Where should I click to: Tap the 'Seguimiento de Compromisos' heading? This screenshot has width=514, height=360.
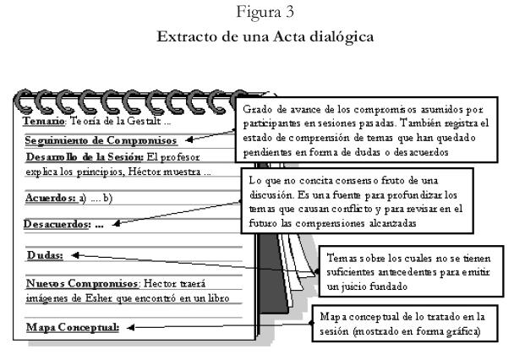tap(101, 139)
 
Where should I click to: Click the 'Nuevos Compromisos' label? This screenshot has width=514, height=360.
tap(81, 284)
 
